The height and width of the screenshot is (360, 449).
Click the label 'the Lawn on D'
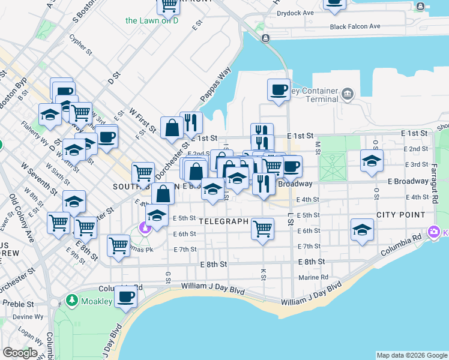click(x=152, y=20)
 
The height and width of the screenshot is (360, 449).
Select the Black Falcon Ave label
click(x=355, y=26)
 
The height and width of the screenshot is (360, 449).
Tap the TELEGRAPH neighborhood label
click(x=223, y=221)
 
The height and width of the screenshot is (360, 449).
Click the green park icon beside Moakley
click(x=72, y=299)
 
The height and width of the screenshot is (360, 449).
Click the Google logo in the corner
click(x=20, y=352)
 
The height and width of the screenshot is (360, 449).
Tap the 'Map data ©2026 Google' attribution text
click(x=412, y=355)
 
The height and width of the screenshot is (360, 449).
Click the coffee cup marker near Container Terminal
click(x=279, y=90)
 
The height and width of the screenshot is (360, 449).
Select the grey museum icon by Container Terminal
click(x=347, y=94)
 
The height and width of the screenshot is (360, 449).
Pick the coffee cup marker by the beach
click(x=126, y=296)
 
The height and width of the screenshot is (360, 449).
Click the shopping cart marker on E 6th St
click(x=262, y=229)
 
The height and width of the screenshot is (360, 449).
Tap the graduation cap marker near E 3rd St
click(x=372, y=160)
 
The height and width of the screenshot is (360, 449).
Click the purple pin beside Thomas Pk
click(x=144, y=228)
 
